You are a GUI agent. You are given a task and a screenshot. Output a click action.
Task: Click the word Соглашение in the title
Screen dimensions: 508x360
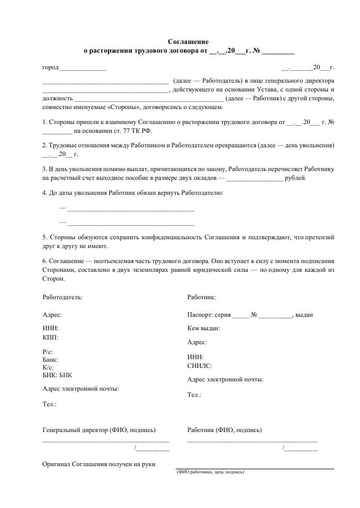click(x=189, y=41)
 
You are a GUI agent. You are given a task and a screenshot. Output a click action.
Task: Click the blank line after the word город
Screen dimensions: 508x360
click(x=83, y=68)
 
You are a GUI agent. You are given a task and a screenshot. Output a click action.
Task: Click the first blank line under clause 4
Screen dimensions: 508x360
click(x=131, y=209)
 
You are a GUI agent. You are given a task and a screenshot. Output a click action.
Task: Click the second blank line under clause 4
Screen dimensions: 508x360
click(x=131, y=223)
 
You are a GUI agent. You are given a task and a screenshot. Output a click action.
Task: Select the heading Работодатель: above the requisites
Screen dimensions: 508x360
click(x=62, y=297)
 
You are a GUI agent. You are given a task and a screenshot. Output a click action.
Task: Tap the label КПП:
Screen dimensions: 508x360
click(x=50, y=337)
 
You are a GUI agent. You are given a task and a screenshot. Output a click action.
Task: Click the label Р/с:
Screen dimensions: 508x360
click(x=48, y=351)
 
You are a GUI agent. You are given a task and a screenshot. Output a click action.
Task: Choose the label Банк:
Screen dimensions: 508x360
click(x=50, y=359)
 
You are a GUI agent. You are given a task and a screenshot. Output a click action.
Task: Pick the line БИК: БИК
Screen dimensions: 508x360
click(x=57, y=375)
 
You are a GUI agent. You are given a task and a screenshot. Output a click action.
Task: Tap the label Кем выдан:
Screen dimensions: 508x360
click(x=204, y=328)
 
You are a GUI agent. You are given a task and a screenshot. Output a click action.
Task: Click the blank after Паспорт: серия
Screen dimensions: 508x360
click(x=240, y=315)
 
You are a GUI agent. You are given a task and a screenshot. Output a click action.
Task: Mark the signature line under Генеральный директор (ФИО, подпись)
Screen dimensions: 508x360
click(x=105, y=441)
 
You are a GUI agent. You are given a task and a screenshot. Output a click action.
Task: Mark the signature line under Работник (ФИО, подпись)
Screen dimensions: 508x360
click(x=252, y=441)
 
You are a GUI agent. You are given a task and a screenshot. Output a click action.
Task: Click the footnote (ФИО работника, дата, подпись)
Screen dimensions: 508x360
click(x=210, y=472)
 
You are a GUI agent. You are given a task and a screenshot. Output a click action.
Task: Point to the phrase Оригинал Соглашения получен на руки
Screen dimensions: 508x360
click(x=99, y=464)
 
